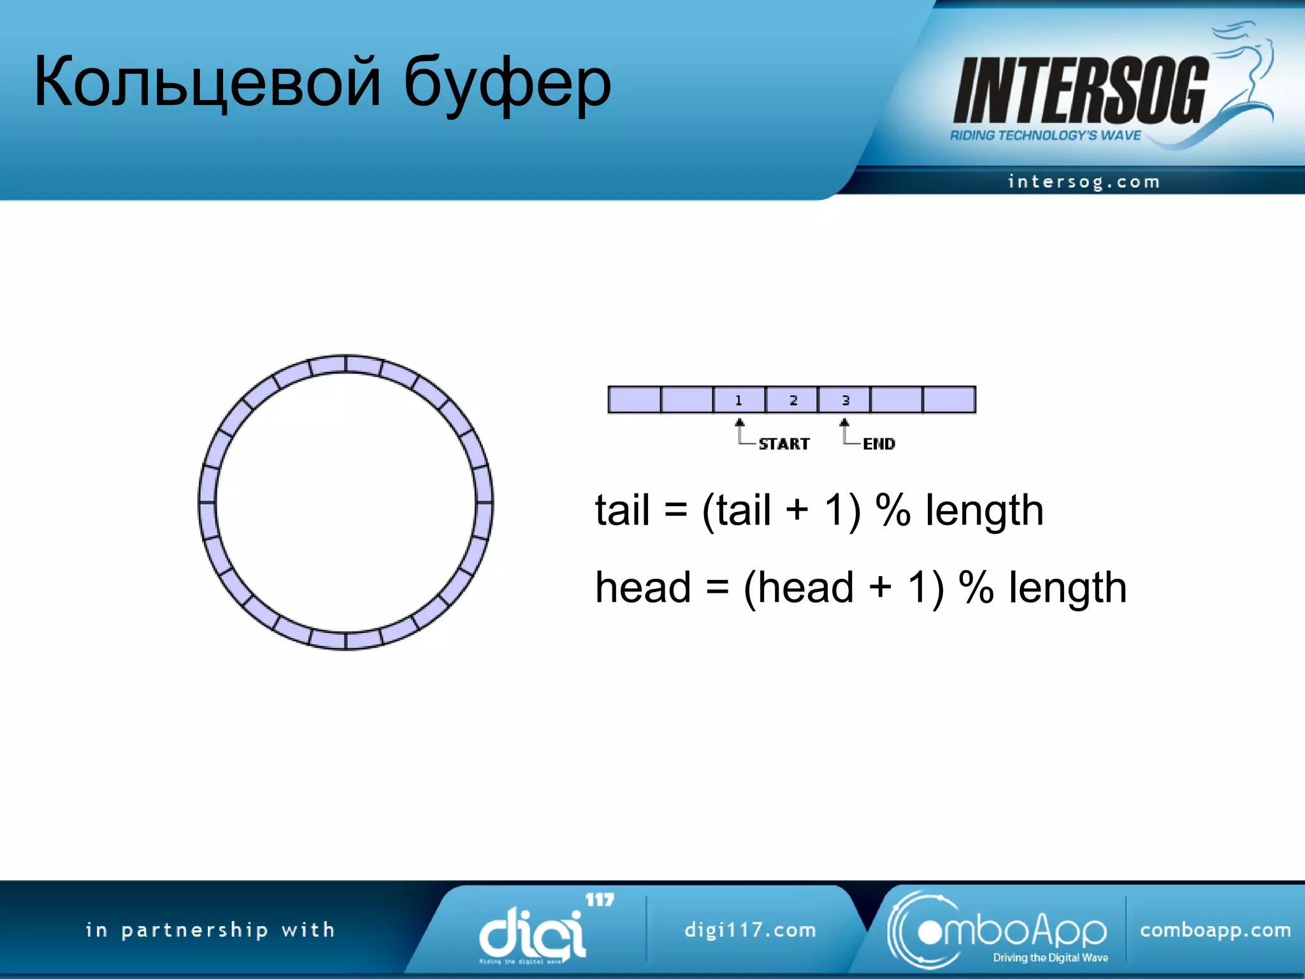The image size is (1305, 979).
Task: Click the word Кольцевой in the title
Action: [x=207, y=83]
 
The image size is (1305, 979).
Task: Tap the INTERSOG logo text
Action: [x=1080, y=91]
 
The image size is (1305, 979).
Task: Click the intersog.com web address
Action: [x=1083, y=182]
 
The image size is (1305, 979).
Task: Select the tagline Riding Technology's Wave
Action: [x=1045, y=135]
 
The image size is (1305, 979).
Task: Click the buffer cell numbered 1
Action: [x=739, y=400]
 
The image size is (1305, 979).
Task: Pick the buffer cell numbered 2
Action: [x=792, y=400]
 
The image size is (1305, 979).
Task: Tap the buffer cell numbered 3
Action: [x=845, y=400]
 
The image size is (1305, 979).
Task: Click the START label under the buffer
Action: [x=784, y=444]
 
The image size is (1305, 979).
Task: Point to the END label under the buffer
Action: [x=879, y=444]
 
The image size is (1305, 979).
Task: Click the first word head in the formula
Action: [x=642, y=587]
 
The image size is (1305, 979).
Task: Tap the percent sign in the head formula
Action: [x=976, y=587]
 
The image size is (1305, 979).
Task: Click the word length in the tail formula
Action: [x=984, y=511]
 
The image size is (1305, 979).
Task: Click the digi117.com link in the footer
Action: [x=750, y=930]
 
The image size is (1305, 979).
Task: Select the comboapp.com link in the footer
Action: [x=1215, y=930]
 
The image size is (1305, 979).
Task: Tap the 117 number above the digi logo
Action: [x=600, y=900]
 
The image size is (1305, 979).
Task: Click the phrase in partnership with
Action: [x=210, y=930]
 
